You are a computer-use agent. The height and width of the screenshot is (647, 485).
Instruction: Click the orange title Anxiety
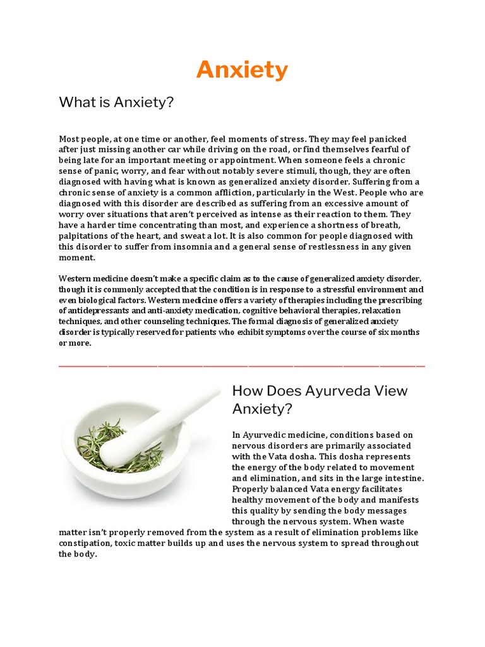242,70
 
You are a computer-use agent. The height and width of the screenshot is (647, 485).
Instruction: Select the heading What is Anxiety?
116,102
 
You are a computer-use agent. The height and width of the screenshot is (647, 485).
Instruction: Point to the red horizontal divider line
242,366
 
